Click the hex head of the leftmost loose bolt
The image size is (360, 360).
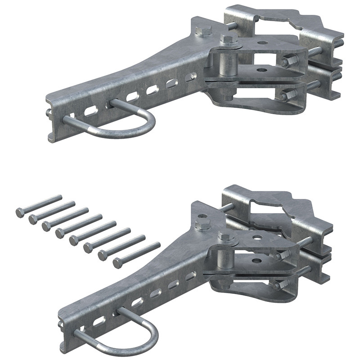tap(20, 212)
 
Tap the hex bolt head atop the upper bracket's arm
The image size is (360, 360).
tap(204, 31)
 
